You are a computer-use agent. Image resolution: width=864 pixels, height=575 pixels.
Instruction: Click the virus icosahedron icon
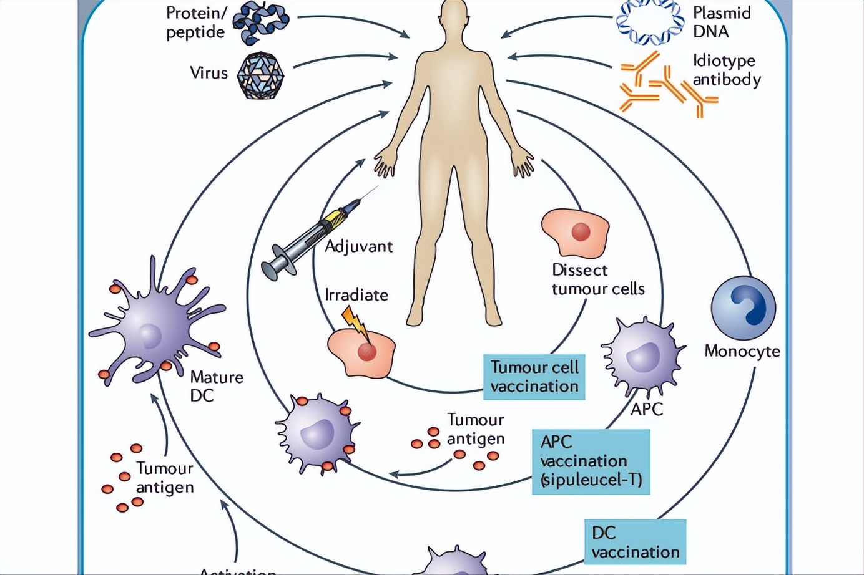(x=262, y=75)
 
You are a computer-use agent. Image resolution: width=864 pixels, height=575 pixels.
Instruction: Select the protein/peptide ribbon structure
(x=260, y=24)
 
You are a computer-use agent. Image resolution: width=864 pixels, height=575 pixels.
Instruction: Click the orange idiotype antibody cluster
(x=665, y=85)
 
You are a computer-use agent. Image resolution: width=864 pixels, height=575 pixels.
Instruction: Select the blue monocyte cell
(x=743, y=308)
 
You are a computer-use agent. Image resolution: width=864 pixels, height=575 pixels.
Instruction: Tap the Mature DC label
(x=216, y=386)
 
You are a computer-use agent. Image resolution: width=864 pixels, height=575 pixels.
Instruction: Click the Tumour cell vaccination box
(x=534, y=377)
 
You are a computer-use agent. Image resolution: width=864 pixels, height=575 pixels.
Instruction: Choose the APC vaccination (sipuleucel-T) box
(x=591, y=461)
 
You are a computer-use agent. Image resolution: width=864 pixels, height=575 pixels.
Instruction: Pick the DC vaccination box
(x=635, y=542)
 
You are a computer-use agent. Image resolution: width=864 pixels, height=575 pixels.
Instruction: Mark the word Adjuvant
(x=358, y=246)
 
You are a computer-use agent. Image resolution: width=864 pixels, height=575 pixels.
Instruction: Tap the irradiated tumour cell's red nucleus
(x=366, y=352)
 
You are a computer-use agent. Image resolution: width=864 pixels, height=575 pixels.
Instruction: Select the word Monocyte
(x=742, y=351)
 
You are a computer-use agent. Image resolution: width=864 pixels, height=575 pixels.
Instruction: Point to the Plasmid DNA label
(x=721, y=22)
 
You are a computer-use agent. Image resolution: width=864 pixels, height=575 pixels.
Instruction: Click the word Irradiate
(x=356, y=294)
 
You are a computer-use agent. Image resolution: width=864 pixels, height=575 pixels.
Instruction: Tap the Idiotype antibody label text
(x=727, y=70)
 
